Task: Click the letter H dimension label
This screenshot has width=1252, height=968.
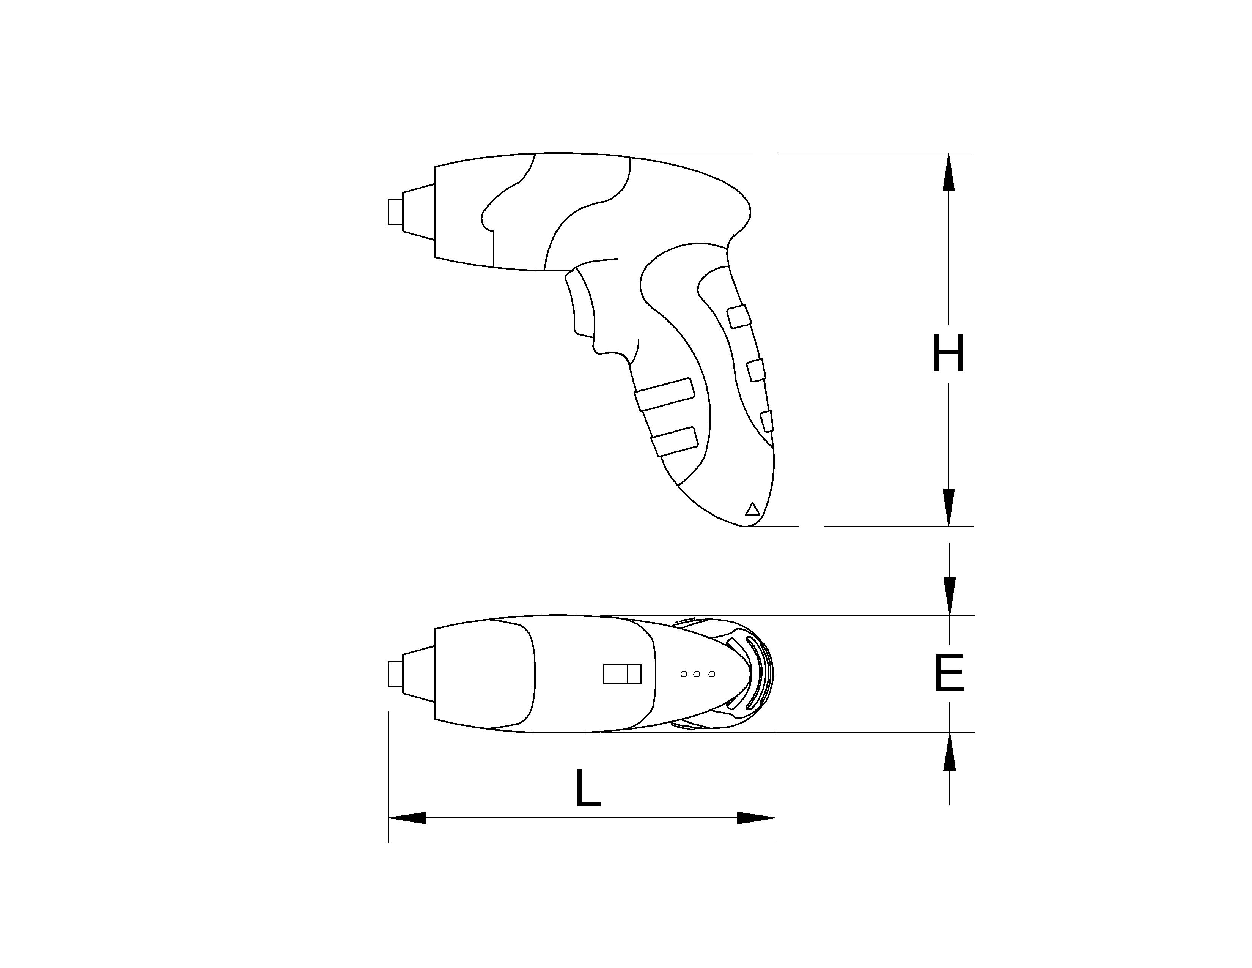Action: [x=948, y=353]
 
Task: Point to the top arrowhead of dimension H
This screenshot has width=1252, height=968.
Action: [x=949, y=172]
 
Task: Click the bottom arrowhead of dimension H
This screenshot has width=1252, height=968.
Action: [x=949, y=507]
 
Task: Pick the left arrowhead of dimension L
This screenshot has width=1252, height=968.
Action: [x=407, y=818]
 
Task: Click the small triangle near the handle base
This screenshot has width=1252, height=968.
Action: [x=752, y=509]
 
